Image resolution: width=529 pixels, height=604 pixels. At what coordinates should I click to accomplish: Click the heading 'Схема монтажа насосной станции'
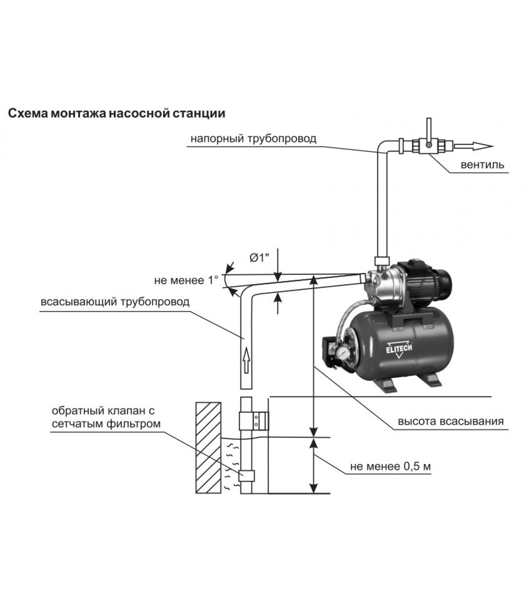pyautogui.click(x=117, y=113)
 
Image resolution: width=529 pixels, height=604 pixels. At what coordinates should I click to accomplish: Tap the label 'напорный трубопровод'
pyautogui.click(x=253, y=139)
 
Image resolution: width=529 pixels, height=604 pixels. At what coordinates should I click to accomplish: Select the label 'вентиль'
pyautogui.click(x=482, y=165)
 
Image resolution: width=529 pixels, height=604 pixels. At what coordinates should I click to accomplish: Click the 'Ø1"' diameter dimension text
pyautogui.click(x=260, y=259)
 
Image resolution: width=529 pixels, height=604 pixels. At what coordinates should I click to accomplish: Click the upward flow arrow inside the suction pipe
pyautogui.click(x=246, y=360)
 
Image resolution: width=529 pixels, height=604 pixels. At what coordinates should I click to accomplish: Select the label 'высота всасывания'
pyautogui.click(x=450, y=421)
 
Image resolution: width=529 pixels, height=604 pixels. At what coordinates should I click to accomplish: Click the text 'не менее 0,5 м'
pyautogui.click(x=391, y=467)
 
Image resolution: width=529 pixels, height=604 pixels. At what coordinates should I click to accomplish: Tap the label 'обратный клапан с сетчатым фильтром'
pyautogui.click(x=106, y=417)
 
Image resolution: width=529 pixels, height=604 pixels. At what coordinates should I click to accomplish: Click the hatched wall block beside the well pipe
pyautogui.click(x=208, y=447)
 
